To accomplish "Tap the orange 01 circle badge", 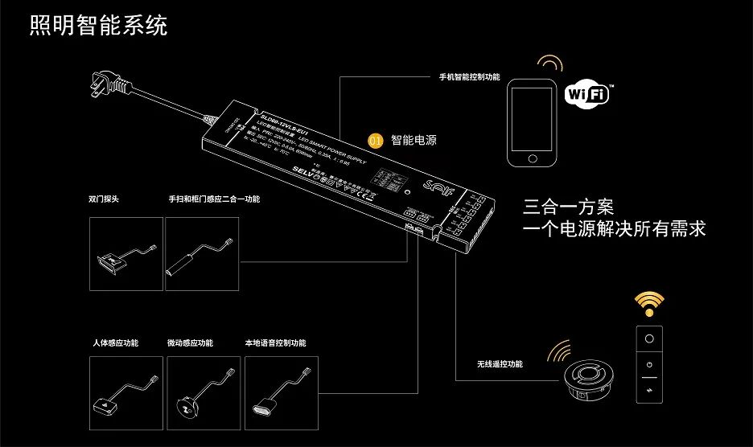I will point(375,140).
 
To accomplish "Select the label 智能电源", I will point(414,140).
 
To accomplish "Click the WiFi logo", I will point(588,93).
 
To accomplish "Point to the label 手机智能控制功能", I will point(469,77).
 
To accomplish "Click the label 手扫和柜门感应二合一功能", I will point(214,199).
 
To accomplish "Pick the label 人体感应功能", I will point(116,343).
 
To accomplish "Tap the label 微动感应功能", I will point(190,343).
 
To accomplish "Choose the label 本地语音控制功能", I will point(275,343).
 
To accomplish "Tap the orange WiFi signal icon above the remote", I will point(648,304).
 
